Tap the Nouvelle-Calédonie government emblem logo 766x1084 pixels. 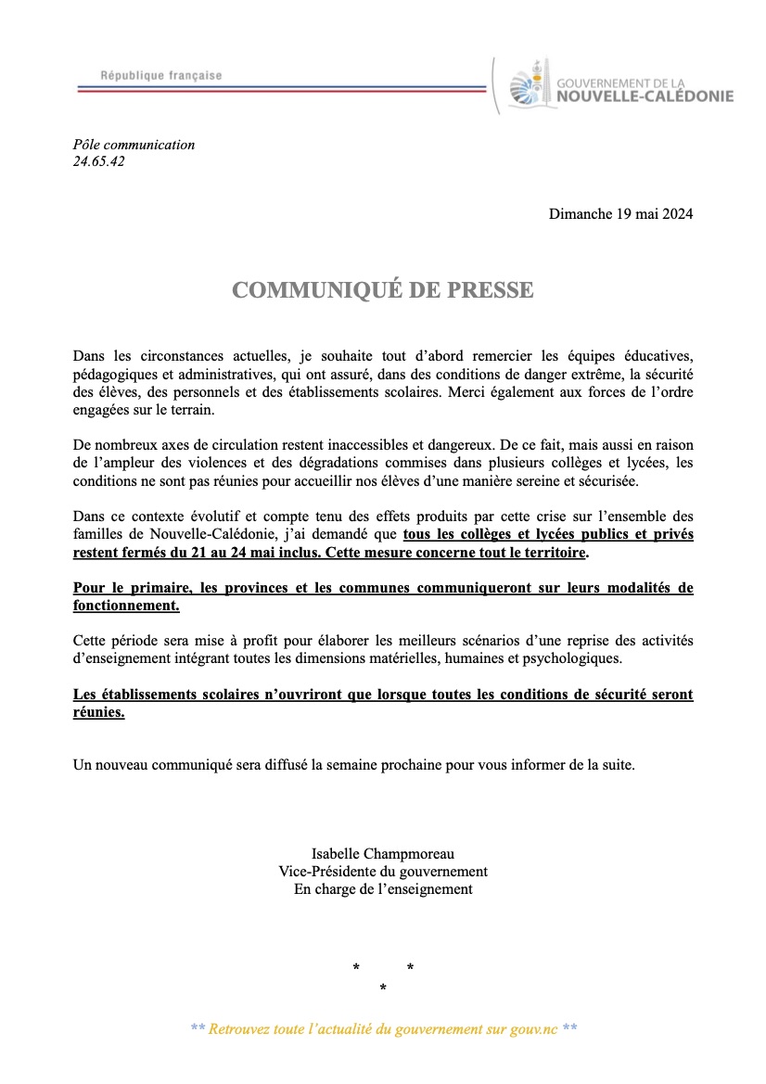531,85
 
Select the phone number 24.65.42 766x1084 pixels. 98,161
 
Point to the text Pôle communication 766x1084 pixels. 134,145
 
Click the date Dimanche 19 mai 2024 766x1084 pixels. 620,214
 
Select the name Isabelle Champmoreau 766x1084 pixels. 383,854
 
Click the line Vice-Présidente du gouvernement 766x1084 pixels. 383,872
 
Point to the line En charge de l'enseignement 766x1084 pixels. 383,889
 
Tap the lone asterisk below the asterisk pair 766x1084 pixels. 383,989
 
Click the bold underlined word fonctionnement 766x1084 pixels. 125,606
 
